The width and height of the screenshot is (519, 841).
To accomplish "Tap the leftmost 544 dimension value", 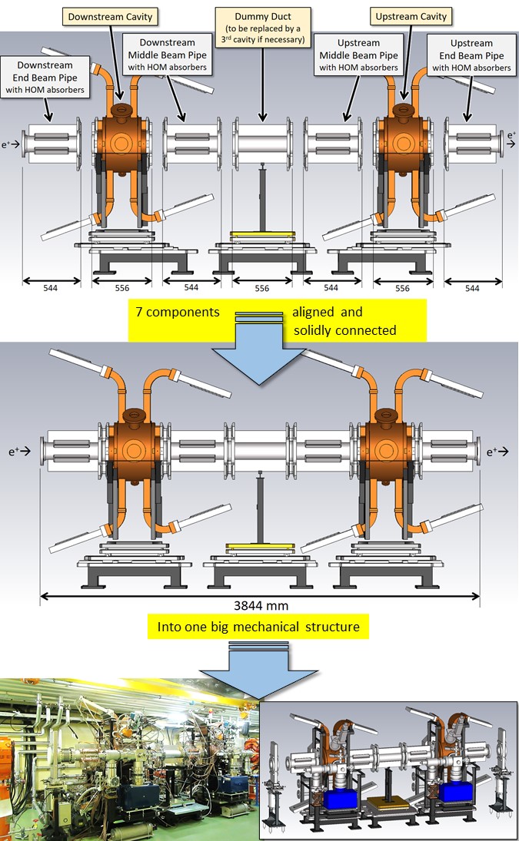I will pyautogui.click(x=51, y=289).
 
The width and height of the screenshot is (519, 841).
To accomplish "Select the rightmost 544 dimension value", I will pyautogui.click(x=472, y=289).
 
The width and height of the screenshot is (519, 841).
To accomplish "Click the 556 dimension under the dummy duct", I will pyautogui.click(x=262, y=289).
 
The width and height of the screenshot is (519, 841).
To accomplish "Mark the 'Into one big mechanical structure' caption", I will pyautogui.click(x=258, y=627).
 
